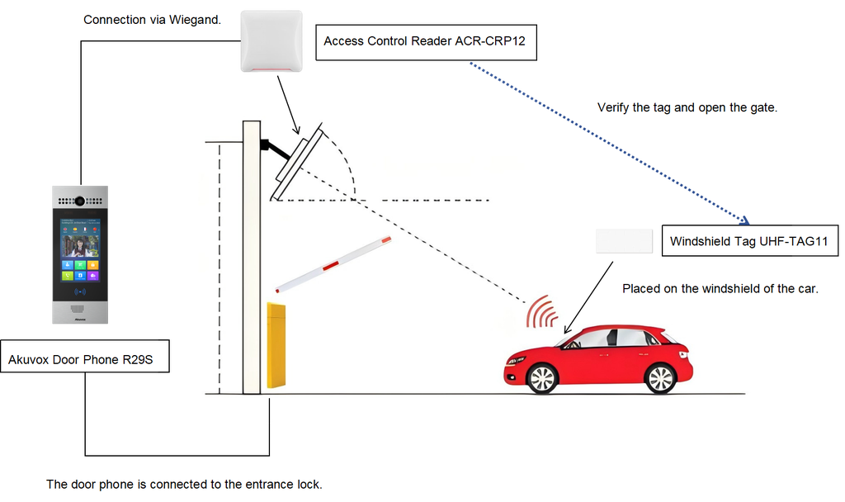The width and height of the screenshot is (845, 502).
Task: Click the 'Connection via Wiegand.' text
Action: [152, 19]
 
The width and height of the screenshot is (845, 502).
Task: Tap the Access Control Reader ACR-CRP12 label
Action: [425, 40]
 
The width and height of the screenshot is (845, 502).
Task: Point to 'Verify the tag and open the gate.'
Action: [687, 107]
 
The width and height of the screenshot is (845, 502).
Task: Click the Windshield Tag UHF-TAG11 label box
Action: [748, 242]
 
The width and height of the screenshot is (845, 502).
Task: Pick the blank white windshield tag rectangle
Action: [625, 241]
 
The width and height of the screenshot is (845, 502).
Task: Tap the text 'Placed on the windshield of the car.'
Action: [720, 288]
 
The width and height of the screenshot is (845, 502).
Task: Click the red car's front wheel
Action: [541, 378]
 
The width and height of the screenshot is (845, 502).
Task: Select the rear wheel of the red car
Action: [660, 378]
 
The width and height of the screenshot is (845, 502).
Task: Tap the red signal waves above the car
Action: [543, 313]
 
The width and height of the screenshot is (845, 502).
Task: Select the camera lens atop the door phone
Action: [80, 201]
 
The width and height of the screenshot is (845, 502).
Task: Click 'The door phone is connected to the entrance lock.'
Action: [183, 485]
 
